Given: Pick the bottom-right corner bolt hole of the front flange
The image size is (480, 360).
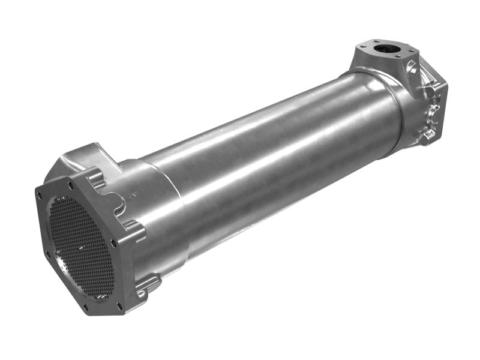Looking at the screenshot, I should pos(119,306).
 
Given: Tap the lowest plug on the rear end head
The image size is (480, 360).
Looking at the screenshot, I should pos(427,136).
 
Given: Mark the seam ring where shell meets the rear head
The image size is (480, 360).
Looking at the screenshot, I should pos(396,105).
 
